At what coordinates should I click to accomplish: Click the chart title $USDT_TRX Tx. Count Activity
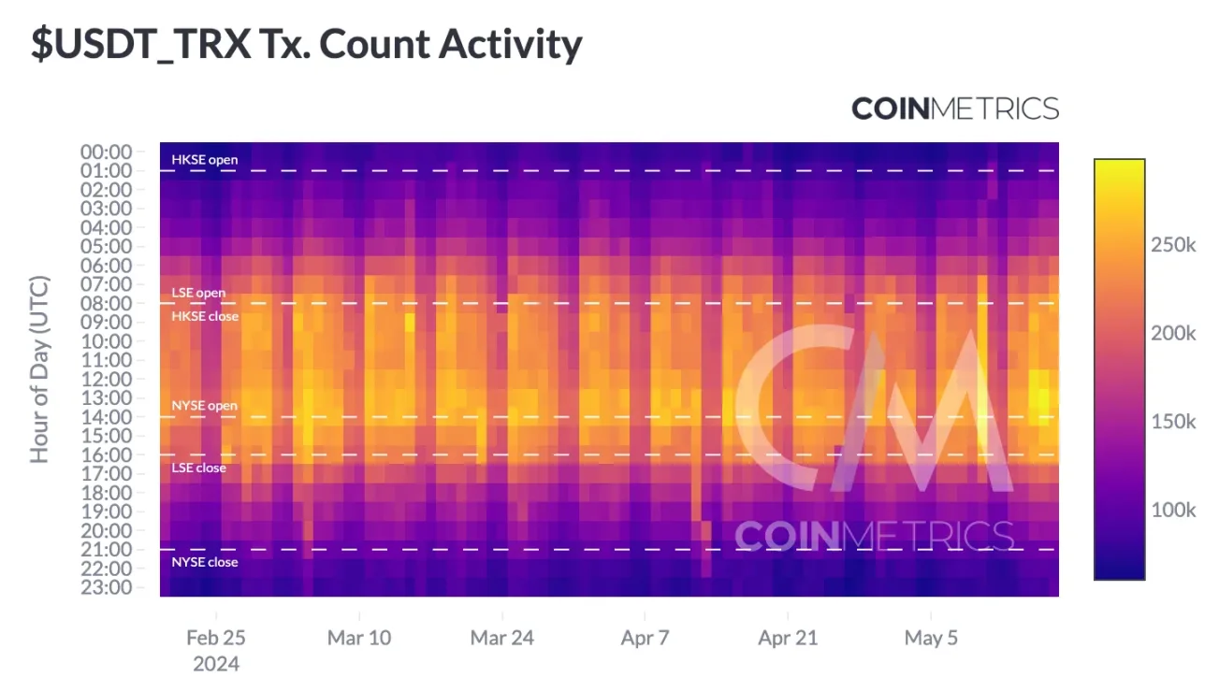tap(307, 45)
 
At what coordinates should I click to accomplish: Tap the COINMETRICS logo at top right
tap(955, 109)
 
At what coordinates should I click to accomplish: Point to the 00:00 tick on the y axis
tap(107, 152)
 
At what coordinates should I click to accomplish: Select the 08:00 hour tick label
tap(107, 304)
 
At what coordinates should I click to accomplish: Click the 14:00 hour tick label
tap(107, 417)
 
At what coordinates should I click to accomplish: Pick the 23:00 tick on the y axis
tap(107, 587)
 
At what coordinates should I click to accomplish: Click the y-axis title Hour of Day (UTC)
tap(40, 369)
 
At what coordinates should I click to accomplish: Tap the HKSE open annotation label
tap(204, 160)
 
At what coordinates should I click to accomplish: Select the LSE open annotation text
tap(197, 293)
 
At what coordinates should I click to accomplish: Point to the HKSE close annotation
tap(204, 316)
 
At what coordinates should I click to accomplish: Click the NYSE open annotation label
tap(204, 406)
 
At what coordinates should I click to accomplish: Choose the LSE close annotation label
tap(197, 468)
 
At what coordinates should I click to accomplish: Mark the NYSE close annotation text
tap(204, 562)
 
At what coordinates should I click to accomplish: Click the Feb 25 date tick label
tap(216, 639)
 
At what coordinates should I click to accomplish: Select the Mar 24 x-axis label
tap(502, 639)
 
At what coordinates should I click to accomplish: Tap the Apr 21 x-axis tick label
tap(788, 639)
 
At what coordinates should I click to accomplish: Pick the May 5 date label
tap(931, 639)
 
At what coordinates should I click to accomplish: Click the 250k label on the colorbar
tap(1173, 245)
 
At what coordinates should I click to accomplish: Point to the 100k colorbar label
tap(1173, 511)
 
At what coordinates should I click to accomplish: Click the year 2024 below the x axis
tap(216, 665)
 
